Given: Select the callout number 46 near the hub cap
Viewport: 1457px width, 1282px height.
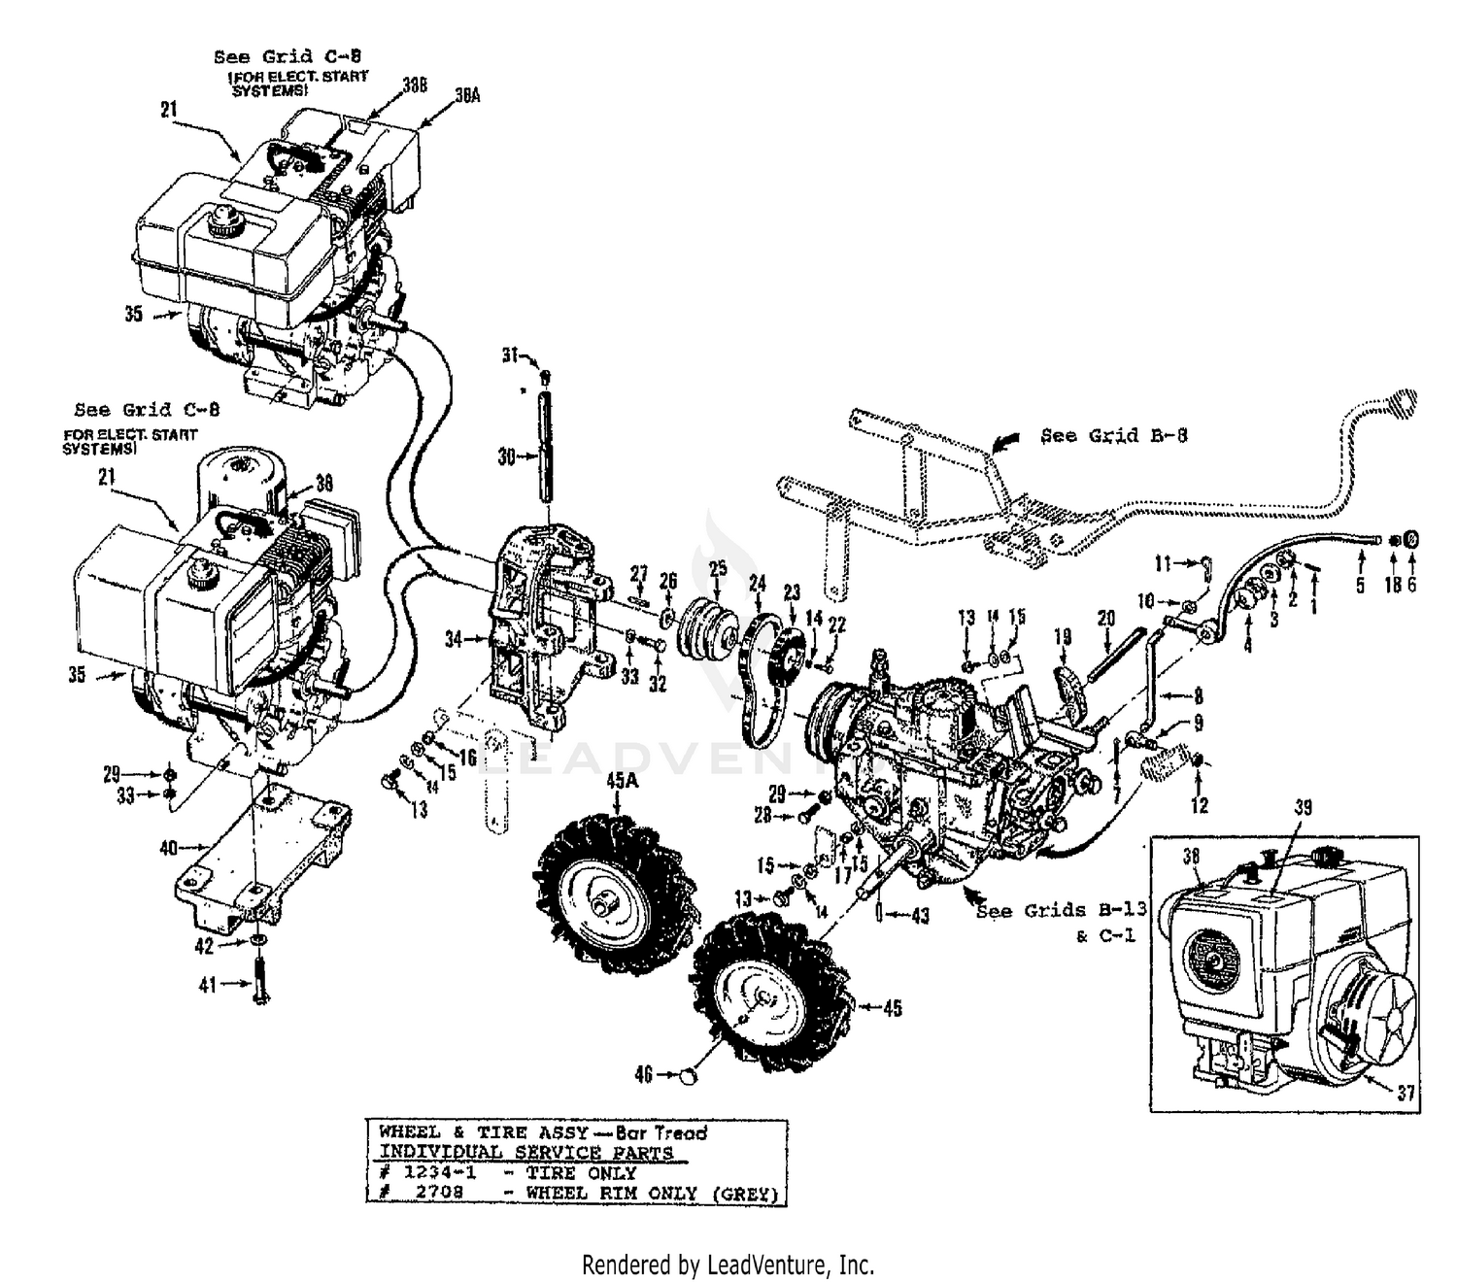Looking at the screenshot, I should point(642,1074).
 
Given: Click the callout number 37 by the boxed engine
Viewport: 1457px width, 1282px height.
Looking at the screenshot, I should point(1406,1092).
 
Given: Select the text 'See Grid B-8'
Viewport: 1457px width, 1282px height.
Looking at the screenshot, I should point(1114,435).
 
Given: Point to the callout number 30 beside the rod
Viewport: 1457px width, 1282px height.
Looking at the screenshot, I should point(506,455).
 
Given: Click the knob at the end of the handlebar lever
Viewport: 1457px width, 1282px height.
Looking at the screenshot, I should point(1402,399).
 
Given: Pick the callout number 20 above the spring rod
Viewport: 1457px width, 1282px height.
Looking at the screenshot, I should point(1105,619).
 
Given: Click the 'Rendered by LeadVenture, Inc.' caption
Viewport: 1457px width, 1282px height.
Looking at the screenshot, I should point(728,1265).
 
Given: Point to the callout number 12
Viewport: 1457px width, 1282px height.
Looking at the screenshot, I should point(1200,805).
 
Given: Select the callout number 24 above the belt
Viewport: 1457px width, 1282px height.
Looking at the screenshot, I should point(757,584).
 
